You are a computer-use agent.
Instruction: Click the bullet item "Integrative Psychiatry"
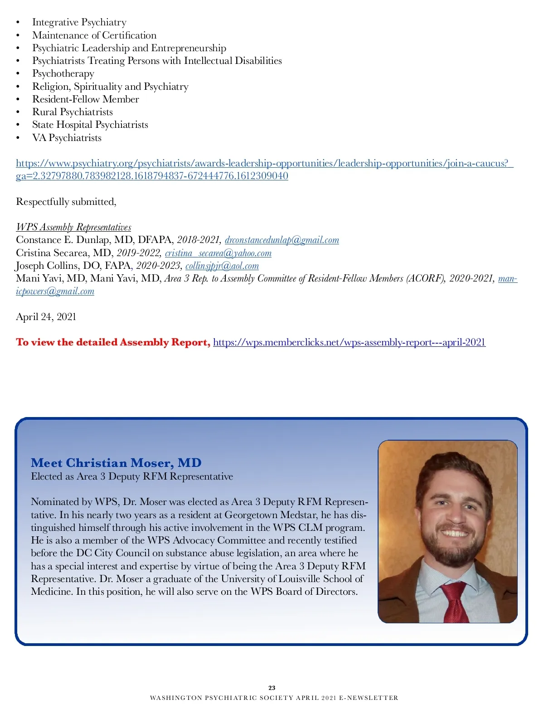pos(79,22)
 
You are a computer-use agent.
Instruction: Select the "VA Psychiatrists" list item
pos(67,138)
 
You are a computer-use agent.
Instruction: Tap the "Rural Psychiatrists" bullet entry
pos(72,112)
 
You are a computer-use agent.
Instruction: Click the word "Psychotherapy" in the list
pos(63,73)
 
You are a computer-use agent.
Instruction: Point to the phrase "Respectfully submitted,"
pos(66,202)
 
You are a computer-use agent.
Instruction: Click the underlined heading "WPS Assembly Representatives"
pos(73,227)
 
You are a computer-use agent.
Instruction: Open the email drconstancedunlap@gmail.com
pos(282,240)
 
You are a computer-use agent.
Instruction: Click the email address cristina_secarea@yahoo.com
pos(218,253)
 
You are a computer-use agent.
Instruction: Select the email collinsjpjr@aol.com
pos(222,266)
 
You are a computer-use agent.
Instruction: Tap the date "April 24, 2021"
pos(46,317)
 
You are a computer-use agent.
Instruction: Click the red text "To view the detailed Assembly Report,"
pos(113,342)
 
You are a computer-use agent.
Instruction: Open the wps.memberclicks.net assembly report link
pos(349,342)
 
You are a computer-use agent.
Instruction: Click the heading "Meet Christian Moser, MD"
pos(116,463)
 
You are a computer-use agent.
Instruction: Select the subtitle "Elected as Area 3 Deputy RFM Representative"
pos(132,476)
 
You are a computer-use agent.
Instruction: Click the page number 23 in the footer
pos(272,688)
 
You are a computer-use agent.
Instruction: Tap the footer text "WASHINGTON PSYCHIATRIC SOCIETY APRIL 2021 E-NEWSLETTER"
pos(274,698)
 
